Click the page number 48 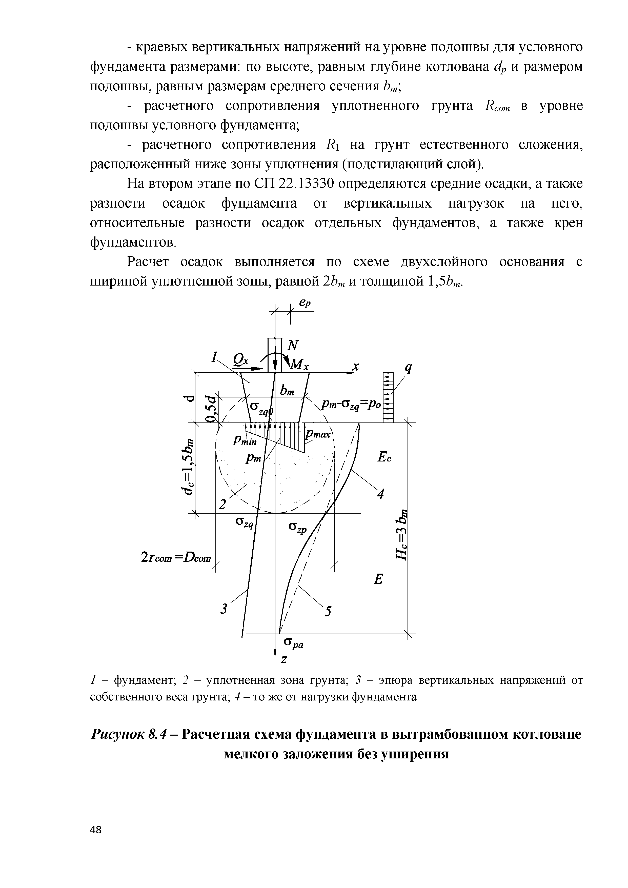(x=95, y=829)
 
